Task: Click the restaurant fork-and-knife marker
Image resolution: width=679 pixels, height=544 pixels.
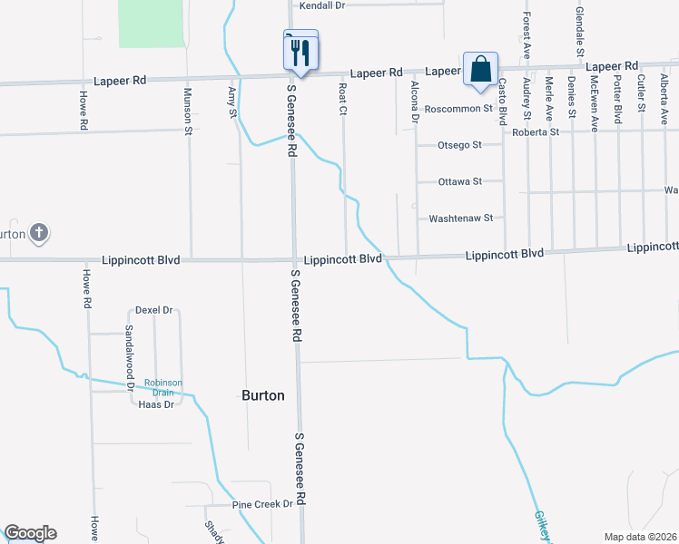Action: [x=301, y=51]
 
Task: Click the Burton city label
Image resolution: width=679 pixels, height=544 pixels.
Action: [x=263, y=395]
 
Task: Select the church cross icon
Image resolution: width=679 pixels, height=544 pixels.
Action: [x=38, y=233]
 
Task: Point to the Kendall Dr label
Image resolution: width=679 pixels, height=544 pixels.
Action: [x=323, y=5]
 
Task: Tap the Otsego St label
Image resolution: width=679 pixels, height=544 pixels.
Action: [x=459, y=145]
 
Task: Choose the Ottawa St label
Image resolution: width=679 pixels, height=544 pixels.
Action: [x=459, y=181]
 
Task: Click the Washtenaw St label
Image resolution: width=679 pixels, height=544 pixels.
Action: [x=460, y=218]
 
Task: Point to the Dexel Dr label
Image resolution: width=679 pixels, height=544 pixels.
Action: [x=153, y=310]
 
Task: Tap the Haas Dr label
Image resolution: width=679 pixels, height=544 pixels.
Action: [x=156, y=404]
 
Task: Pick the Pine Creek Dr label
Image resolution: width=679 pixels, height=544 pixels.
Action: [x=263, y=504]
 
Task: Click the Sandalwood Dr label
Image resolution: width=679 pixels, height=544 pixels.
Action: [x=130, y=355]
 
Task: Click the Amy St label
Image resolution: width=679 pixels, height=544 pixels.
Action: [x=232, y=102]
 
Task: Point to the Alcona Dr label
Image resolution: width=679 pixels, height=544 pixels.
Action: [x=414, y=102]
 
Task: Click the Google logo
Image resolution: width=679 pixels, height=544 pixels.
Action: [x=30, y=533]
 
